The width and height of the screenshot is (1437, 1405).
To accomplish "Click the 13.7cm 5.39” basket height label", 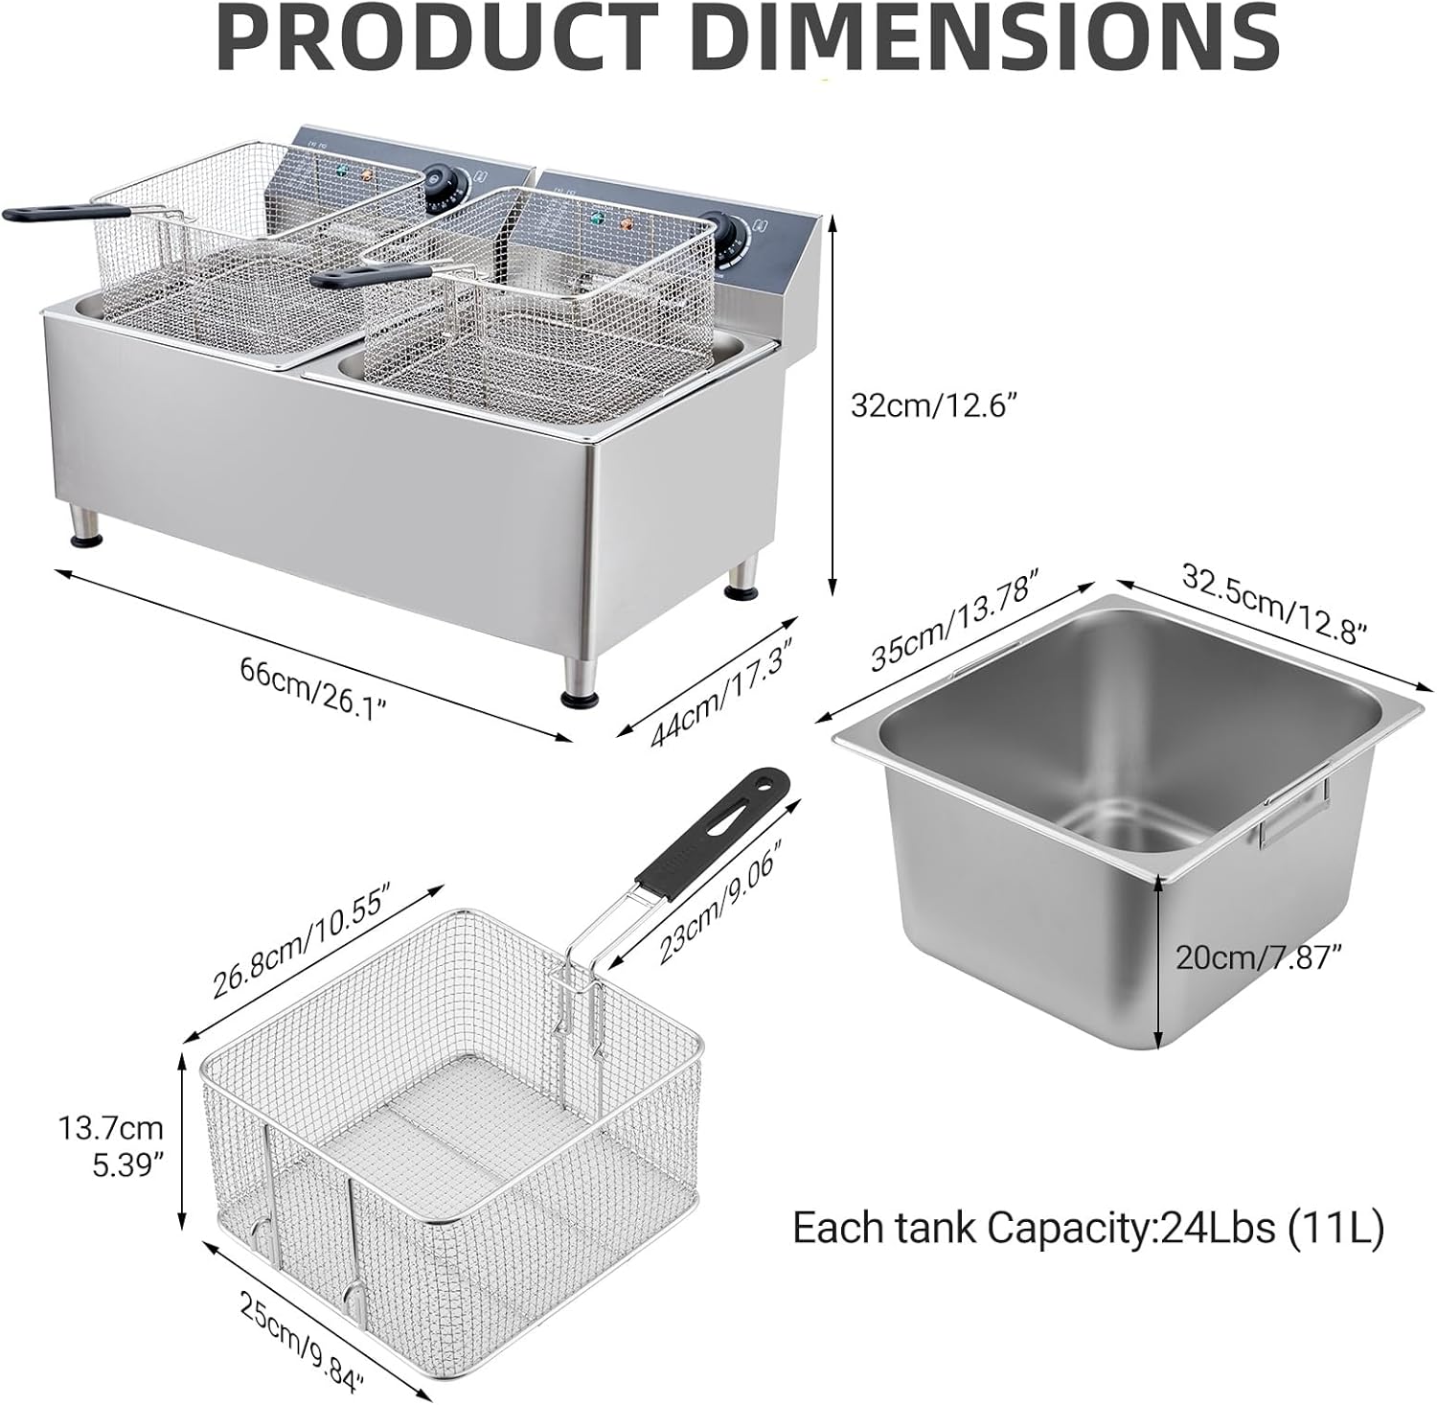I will [110, 1145].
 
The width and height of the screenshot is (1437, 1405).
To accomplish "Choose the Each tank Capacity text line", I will [1087, 1228].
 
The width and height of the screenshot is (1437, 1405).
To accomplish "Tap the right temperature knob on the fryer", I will [716, 226].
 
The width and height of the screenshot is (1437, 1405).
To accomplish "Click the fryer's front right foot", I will [581, 684].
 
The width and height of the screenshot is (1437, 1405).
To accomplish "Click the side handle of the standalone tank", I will [1293, 815].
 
